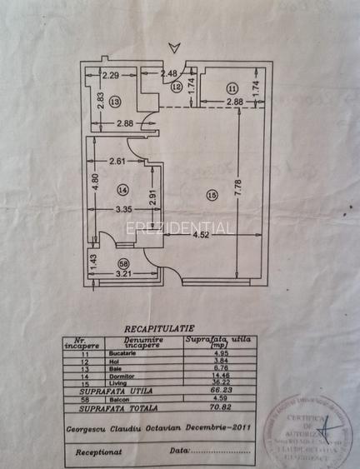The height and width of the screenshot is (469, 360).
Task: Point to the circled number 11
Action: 232,87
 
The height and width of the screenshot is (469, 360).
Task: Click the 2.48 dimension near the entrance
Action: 168,72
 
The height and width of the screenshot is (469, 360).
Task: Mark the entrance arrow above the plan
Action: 172,47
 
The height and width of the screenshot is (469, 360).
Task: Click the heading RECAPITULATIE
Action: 159,328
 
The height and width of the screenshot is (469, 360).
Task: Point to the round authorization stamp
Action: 307,429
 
